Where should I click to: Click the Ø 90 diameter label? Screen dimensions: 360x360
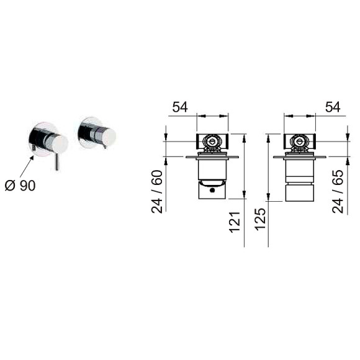pos(20,186)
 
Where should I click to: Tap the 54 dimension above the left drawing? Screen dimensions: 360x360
pos(180,107)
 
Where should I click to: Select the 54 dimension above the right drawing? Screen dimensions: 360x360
pos(333,107)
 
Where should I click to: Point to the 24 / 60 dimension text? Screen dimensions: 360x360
pos(157,192)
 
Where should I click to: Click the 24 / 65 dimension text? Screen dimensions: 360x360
pos(338,192)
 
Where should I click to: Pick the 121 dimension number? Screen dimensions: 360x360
pos(235,222)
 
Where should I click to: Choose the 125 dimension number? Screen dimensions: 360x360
pos(260,219)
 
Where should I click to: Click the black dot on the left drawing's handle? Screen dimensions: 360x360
pos(212,190)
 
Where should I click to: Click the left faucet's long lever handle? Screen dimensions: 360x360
pos(56,161)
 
